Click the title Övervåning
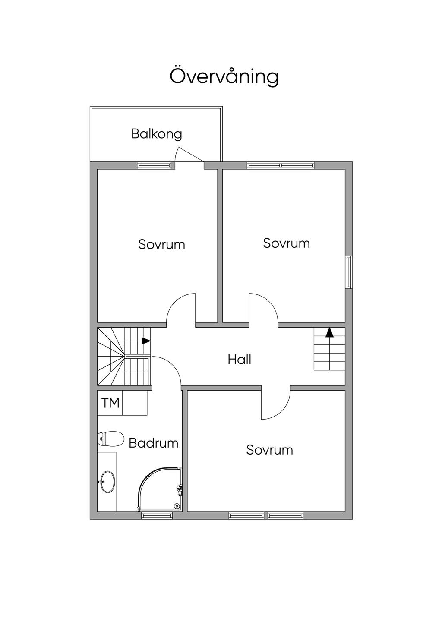pos(224,76)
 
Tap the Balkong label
pos(156,134)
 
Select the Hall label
pos(240,359)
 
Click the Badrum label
pos(153,443)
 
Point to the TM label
pos(110,403)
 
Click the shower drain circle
pos(176,506)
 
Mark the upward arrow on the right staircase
pos(330,332)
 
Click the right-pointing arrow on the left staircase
pos(146,341)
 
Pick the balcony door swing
pos(189,155)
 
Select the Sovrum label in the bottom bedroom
pos(269,450)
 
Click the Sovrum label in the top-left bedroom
pos(161,244)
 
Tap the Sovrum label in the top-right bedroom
pos(286,243)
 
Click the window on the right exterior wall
pos(349,272)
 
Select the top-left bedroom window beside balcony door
pos(154,165)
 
